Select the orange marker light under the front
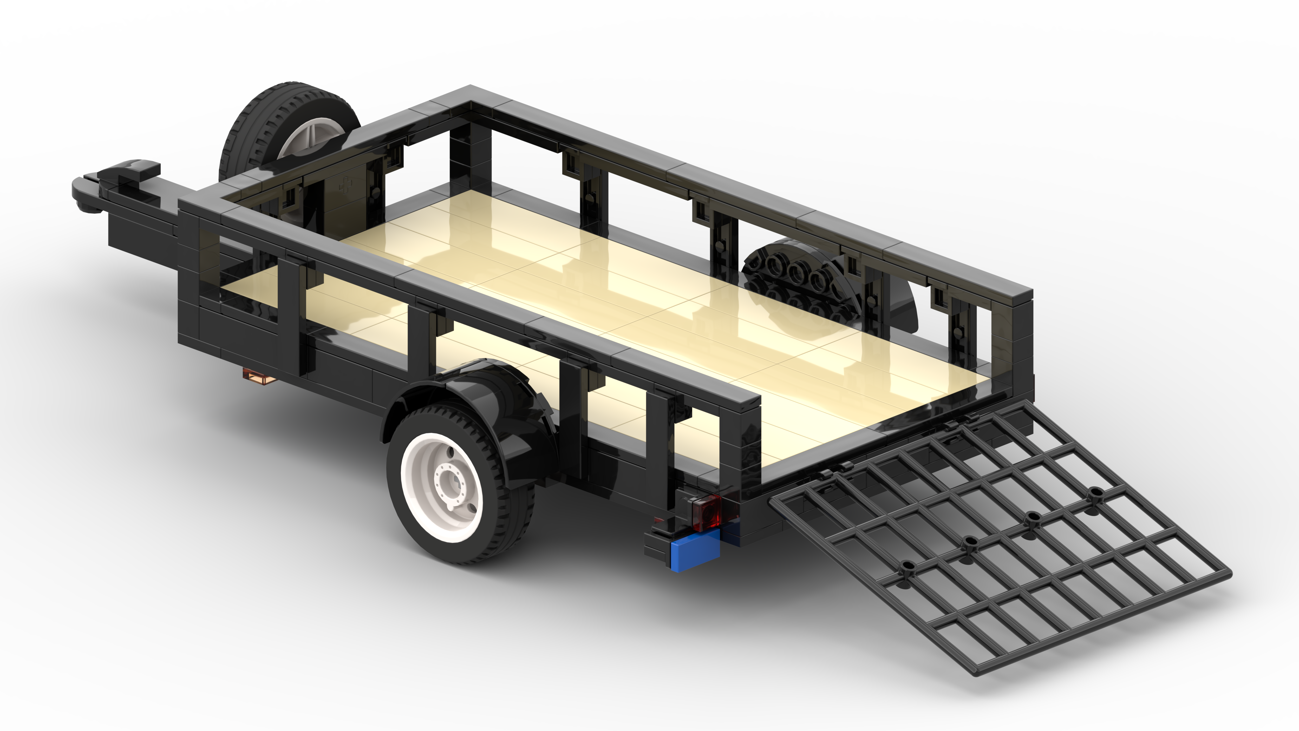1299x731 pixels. (260, 376)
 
